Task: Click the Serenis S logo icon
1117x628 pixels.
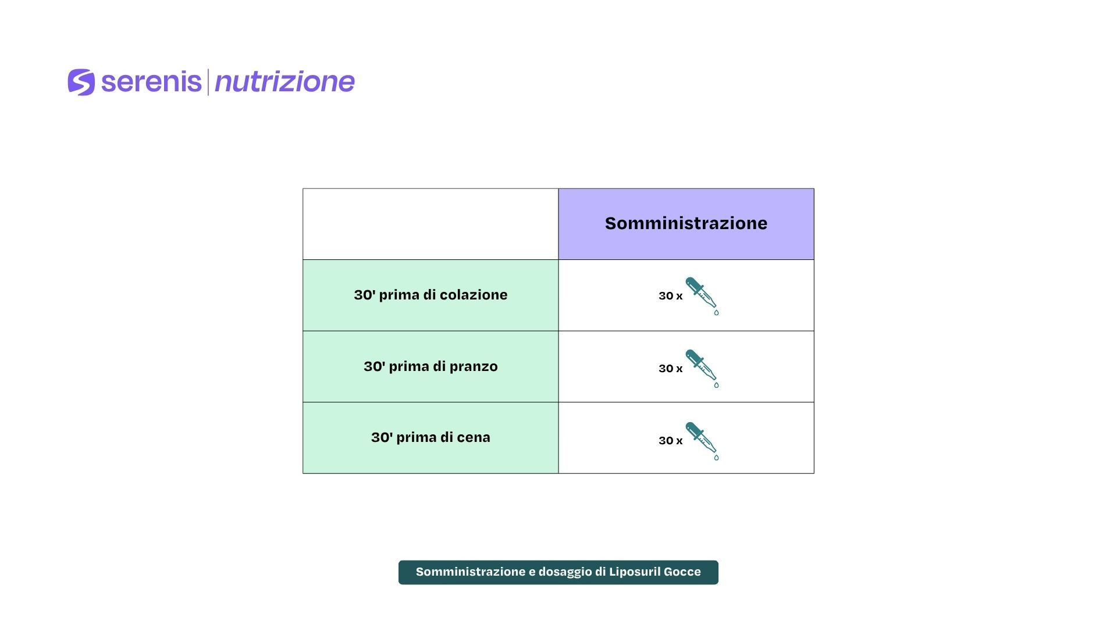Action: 81,82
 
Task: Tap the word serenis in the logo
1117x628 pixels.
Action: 151,82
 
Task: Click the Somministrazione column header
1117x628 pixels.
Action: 686,223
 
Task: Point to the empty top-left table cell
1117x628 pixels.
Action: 431,224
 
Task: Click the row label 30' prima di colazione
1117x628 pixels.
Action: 431,295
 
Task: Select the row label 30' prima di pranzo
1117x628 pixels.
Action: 431,366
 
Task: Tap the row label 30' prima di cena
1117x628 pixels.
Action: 431,437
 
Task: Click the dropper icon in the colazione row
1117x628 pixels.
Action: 702,296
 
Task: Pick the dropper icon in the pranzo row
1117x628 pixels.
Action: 702,369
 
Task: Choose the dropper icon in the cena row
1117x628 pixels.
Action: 702,441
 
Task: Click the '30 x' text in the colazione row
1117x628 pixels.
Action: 670,296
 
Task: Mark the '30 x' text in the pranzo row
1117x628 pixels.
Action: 670,369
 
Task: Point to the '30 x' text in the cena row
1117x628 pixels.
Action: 670,441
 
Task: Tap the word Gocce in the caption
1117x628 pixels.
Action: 683,572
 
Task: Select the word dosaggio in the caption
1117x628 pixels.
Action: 564,572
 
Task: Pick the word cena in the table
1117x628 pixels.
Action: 474,438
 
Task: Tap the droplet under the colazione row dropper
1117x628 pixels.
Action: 716,313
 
